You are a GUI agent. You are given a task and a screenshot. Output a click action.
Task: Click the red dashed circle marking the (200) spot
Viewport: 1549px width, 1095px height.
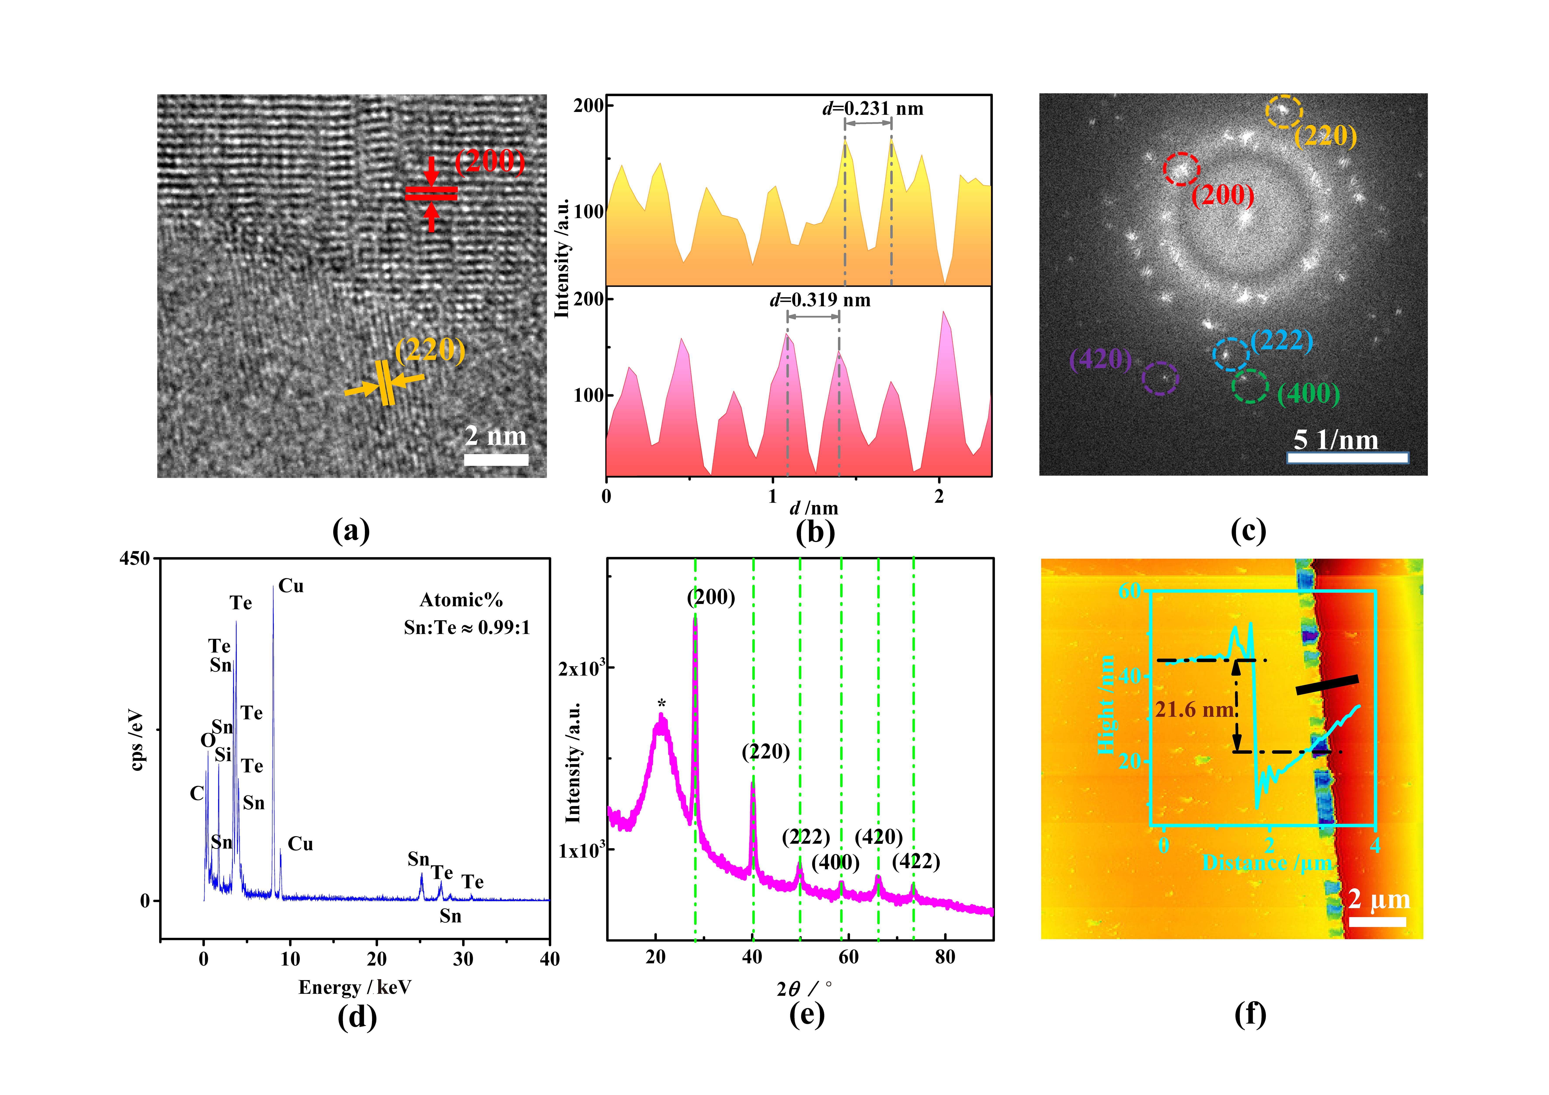pos(1181,169)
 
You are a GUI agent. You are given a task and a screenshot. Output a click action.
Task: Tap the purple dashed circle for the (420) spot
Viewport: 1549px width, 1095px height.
pos(1160,379)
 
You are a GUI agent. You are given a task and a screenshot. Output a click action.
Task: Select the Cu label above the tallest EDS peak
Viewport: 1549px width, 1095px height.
pos(291,586)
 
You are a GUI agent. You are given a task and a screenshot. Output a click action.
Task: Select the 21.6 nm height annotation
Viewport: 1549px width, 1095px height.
pos(1194,710)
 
